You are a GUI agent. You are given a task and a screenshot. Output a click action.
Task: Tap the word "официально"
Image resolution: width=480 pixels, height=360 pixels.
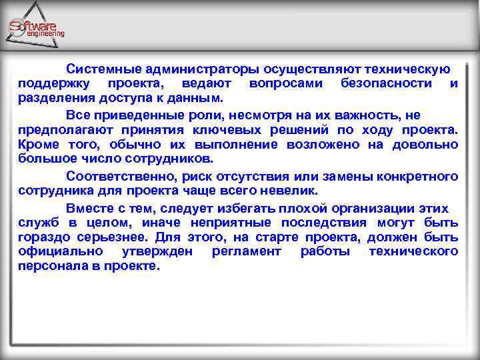coord(61,251)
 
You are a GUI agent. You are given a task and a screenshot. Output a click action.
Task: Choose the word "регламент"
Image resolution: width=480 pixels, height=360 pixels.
coord(246,251)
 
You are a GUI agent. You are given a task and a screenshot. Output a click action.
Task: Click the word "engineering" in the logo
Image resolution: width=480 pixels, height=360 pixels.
coord(45,33)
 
